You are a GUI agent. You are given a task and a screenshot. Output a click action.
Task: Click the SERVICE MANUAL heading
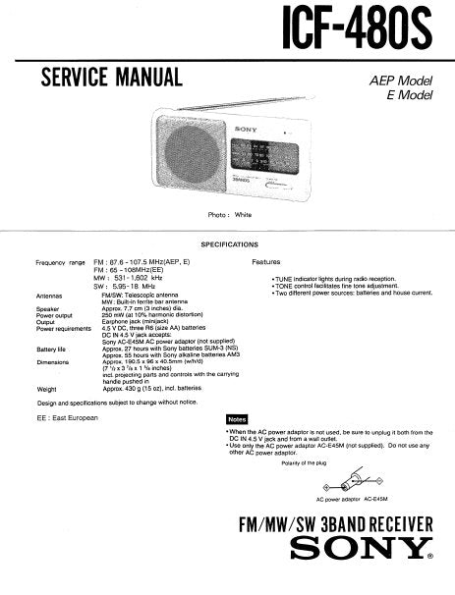(x=111, y=78)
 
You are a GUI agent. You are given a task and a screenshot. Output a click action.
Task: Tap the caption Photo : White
(x=230, y=214)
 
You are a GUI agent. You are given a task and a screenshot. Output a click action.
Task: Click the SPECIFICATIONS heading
(x=230, y=243)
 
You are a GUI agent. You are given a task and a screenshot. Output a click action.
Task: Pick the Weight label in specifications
(x=47, y=390)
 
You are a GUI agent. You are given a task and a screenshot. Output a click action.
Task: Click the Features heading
(x=265, y=263)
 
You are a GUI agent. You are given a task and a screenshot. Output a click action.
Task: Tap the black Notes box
(x=237, y=418)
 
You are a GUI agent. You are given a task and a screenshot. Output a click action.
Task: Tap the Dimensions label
(x=53, y=362)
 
